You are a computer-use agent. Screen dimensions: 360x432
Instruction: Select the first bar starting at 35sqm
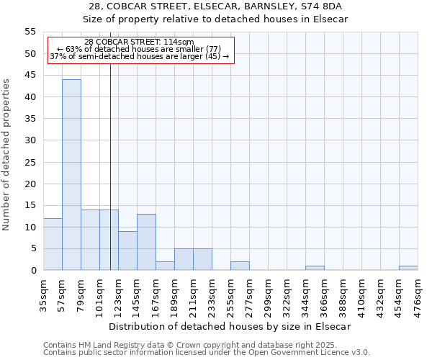pyautogui.click(x=53, y=244)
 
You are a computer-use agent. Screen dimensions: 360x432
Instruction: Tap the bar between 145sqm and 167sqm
pyautogui.click(x=146, y=242)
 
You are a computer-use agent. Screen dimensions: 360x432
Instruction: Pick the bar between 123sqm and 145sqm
pyautogui.click(x=127, y=251)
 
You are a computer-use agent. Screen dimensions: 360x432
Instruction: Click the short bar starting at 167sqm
pyautogui.click(x=165, y=266)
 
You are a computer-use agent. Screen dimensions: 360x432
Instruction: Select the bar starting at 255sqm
pyautogui.click(x=240, y=266)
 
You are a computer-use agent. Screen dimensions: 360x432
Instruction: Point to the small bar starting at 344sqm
pyautogui.click(x=315, y=268)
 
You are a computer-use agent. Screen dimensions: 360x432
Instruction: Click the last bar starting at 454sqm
pyautogui.click(x=408, y=268)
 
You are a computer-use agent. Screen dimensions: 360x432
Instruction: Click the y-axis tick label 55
pyautogui.click(x=30, y=32)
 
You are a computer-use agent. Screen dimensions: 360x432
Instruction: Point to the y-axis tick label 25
pyautogui.click(x=30, y=162)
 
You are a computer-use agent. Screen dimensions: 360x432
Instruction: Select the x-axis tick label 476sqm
pyautogui.click(x=418, y=293)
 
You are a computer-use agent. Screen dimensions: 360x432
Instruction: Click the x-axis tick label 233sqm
pyautogui.click(x=212, y=293)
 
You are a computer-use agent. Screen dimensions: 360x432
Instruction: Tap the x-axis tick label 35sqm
pyautogui.click(x=44, y=293)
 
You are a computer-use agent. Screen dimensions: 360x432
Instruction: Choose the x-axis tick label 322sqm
pyautogui.click(x=287, y=293)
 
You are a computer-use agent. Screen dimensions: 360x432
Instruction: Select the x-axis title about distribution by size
pyautogui.click(x=230, y=326)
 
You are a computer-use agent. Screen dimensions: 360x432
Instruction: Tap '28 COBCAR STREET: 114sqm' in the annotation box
pyautogui.click(x=139, y=42)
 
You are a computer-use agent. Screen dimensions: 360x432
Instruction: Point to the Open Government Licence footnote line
pyautogui.click(x=207, y=353)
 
